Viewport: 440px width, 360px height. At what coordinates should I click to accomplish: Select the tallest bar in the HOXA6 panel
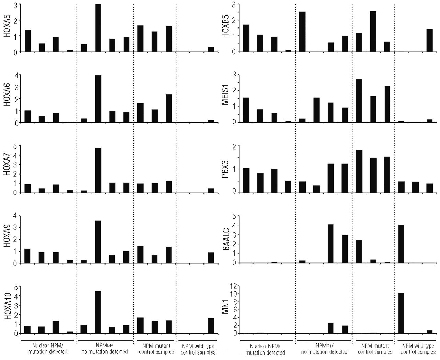[98, 99]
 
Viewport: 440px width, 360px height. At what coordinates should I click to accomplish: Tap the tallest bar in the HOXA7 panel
[98, 170]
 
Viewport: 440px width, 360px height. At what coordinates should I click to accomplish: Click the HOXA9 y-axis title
[6, 239]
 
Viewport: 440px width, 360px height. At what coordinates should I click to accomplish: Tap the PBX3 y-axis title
[225, 169]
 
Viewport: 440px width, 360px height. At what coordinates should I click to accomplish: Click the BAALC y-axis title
[225, 239]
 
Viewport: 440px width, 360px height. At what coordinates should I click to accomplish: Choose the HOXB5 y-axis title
[225, 28]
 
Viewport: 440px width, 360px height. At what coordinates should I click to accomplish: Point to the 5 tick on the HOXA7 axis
[14, 146]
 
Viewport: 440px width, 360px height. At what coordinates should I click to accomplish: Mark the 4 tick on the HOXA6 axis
[14, 75]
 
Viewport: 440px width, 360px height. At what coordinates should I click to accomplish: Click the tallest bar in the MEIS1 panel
[359, 100]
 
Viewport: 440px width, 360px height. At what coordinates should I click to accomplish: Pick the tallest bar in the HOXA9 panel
[98, 242]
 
